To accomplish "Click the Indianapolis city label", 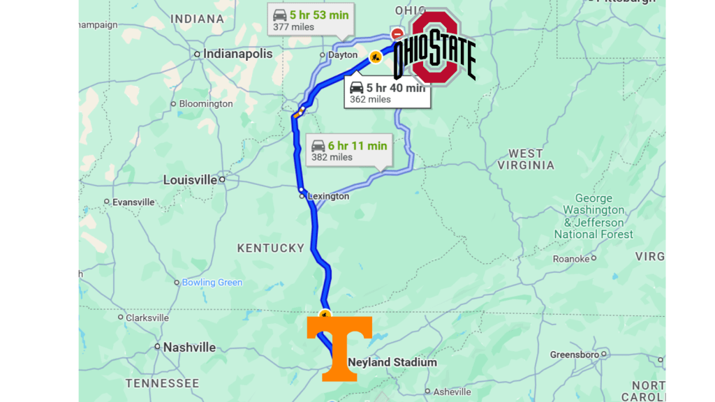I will [237, 54].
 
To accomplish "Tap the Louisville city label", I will [190, 180].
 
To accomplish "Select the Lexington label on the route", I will [328, 196].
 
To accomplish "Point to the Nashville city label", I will [189, 347].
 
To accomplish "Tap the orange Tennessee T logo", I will [339, 348].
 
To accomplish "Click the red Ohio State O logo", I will [434, 47].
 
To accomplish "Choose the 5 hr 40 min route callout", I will [387, 93].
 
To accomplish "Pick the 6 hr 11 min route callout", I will [348, 151].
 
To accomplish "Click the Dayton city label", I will [342, 55].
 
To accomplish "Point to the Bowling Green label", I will [212, 283].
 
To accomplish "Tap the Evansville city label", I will [133, 202].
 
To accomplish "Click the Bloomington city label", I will [206, 104].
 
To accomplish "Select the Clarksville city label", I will [147, 318].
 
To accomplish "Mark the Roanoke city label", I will [571, 259].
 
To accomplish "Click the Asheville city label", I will [452, 392].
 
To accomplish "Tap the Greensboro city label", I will [574, 355].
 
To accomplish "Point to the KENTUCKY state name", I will [271, 248].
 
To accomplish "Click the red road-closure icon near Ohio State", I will [397, 33].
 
